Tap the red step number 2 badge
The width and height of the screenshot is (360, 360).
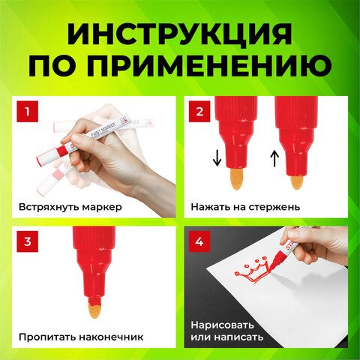(199, 113)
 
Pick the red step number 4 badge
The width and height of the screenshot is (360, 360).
(199, 241)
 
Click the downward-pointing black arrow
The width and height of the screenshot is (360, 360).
(217, 158)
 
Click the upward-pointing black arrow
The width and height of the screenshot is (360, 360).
(274, 158)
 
